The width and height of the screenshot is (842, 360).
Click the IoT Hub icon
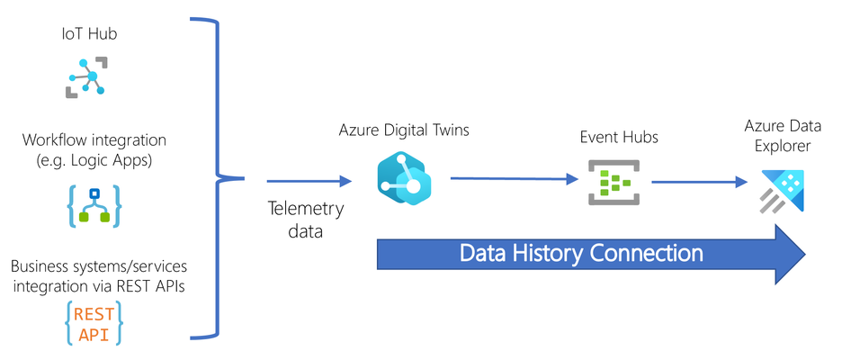click(87, 77)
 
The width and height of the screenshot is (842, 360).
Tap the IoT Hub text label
click(89, 34)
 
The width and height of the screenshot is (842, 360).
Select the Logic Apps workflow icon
click(94, 206)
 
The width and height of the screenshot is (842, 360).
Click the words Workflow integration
click(94, 140)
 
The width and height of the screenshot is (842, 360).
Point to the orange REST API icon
click(94, 323)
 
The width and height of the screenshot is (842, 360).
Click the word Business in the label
click(37, 266)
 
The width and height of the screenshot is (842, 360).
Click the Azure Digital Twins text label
click(403, 130)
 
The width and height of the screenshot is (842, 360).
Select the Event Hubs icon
click(614, 182)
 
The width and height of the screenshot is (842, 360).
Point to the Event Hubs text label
click(619, 137)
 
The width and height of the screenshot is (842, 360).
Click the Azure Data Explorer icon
click(783, 191)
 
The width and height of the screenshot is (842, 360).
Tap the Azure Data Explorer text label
click(783, 136)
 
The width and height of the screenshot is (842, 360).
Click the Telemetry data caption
click(306, 220)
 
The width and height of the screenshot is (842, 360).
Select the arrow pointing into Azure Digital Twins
click(309, 182)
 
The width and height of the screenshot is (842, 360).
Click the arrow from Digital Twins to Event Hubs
click(515, 179)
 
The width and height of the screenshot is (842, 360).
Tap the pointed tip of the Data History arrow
click(806, 253)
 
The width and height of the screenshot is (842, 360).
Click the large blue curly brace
click(218, 179)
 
